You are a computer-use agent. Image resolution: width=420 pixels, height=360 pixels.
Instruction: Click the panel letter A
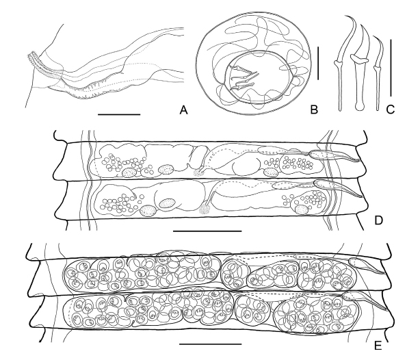[x=183, y=110]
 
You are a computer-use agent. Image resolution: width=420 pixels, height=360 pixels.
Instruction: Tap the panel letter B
[x=314, y=110]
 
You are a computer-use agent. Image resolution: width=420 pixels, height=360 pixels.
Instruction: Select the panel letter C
[x=391, y=110]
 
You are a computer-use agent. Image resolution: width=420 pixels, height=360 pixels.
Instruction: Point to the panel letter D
[x=378, y=220]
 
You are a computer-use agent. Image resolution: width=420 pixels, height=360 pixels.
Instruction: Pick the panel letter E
[x=378, y=346]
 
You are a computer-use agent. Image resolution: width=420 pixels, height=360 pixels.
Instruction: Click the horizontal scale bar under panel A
[x=119, y=114]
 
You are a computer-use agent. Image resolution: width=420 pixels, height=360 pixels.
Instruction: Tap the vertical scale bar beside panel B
[x=318, y=63]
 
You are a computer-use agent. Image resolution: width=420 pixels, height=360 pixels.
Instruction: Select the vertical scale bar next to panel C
[x=391, y=68]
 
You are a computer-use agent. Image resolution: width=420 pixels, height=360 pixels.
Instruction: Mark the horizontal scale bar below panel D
[x=207, y=231]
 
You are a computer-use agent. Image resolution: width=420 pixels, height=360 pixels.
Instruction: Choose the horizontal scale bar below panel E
[x=210, y=344]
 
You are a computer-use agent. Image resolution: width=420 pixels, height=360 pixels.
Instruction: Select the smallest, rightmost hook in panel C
[x=378, y=73]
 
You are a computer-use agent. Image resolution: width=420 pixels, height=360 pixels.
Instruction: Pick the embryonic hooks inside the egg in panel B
[x=242, y=78]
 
